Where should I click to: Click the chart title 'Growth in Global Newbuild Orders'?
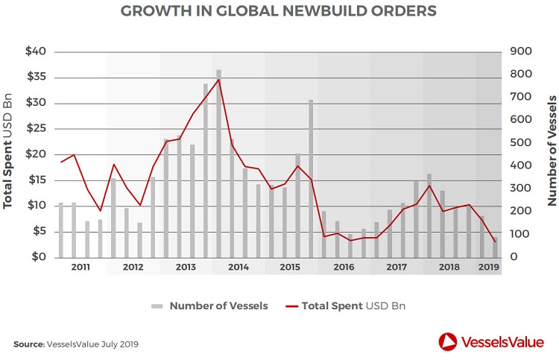(279, 11)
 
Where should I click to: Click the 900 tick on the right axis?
(519, 51)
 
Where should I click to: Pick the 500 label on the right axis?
(519, 142)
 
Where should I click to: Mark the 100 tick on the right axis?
(519, 234)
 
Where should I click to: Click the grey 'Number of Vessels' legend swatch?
(157, 306)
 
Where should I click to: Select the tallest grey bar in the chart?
(219, 164)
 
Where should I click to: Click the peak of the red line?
(219, 79)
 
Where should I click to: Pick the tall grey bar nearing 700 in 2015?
(311, 179)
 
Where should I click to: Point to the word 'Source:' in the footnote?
(29, 344)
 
